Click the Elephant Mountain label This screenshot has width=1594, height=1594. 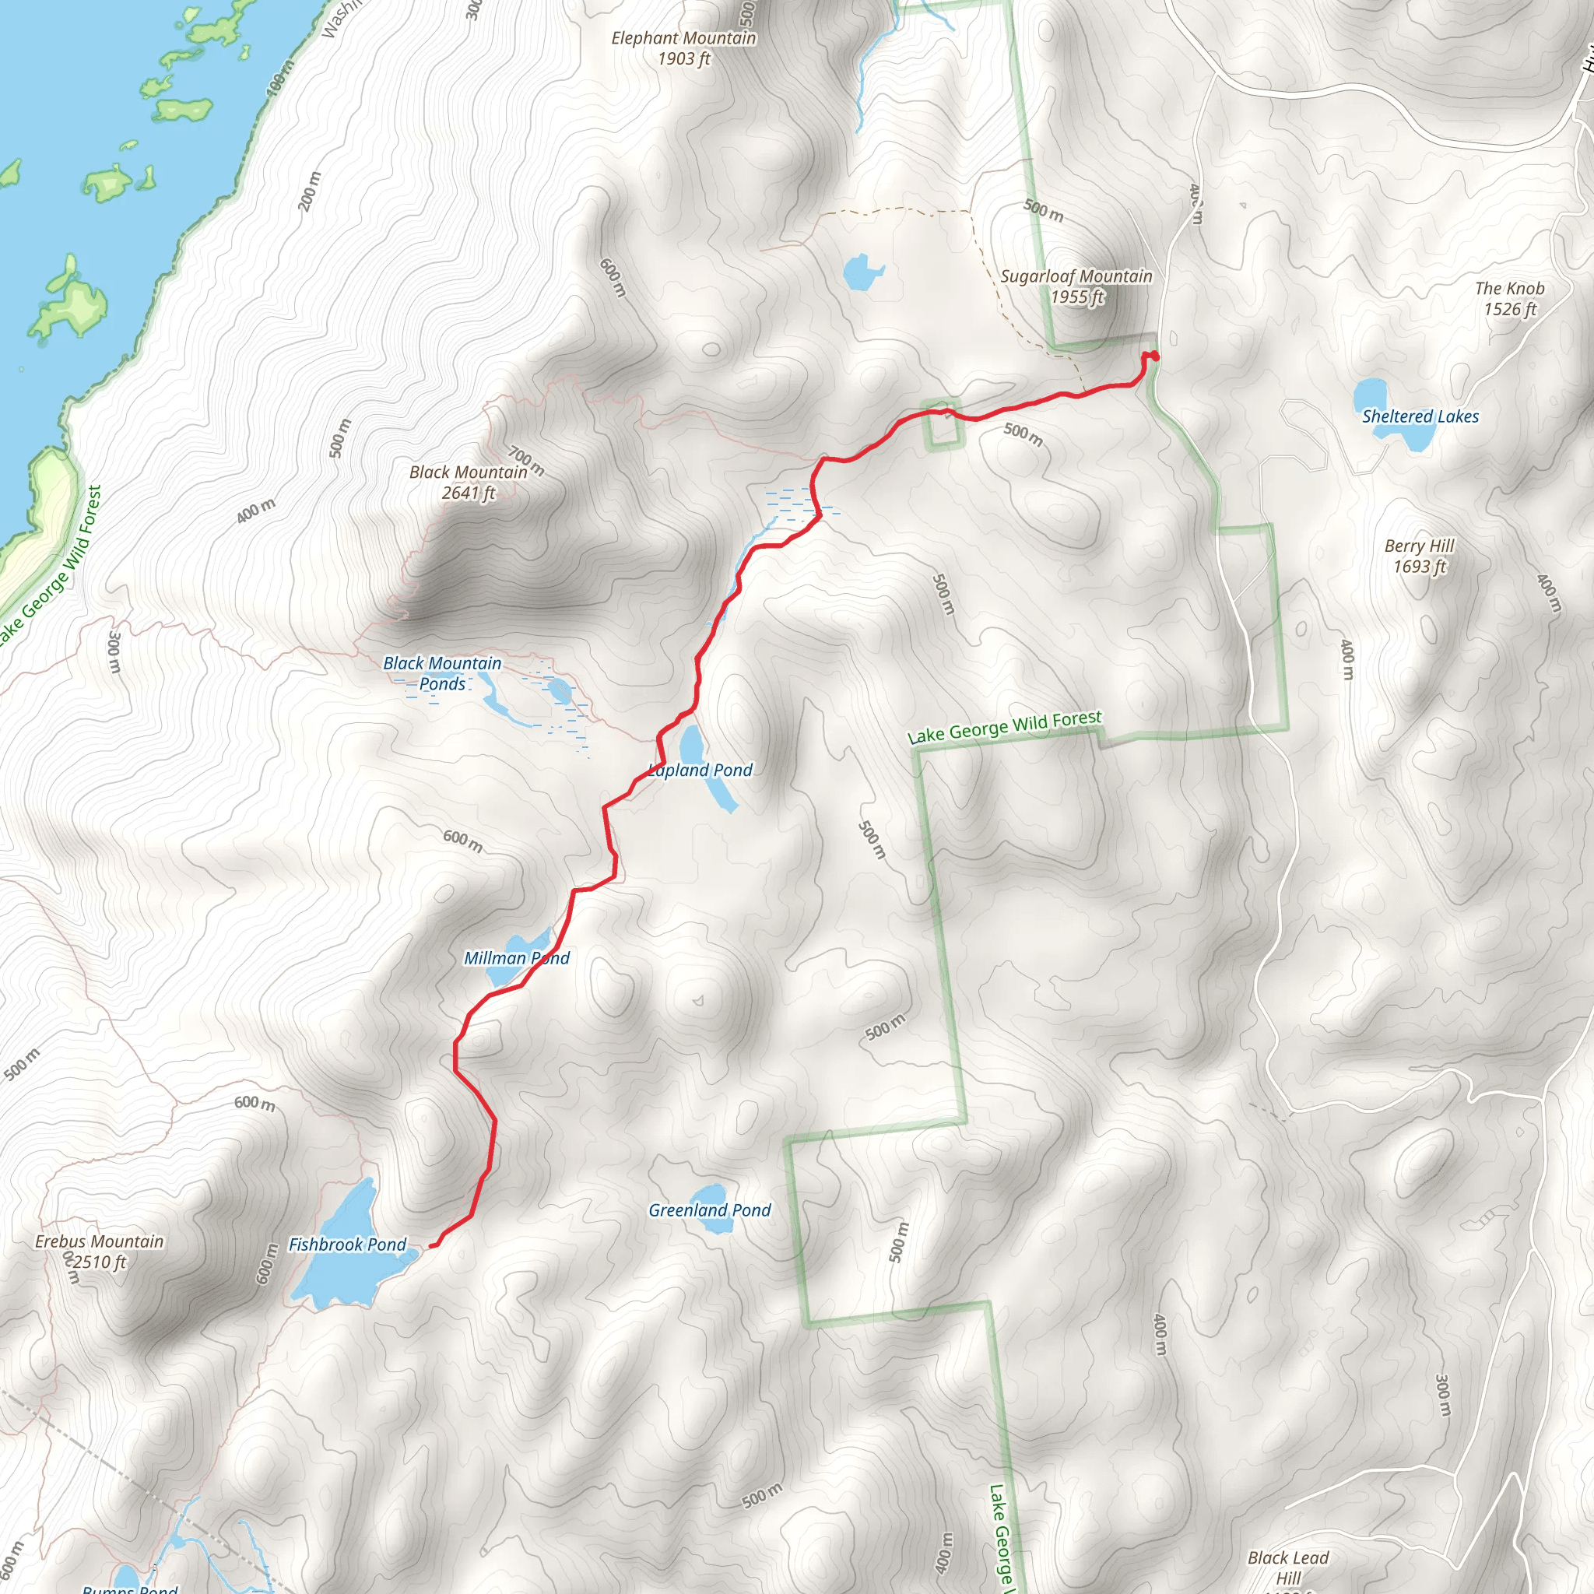tap(683, 47)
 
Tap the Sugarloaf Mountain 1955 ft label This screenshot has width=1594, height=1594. tap(1076, 286)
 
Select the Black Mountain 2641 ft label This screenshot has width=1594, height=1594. tap(468, 482)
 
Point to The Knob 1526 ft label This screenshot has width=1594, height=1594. tap(1509, 299)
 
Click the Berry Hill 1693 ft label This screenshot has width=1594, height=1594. tap(1419, 555)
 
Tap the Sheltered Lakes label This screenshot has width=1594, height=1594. tap(1420, 416)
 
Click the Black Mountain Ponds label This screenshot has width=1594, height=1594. tap(442, 673)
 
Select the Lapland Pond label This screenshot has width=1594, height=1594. tap(701, 770)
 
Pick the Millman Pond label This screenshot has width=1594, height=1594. tap(517, 958)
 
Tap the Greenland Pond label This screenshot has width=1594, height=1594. tap(710, 1210)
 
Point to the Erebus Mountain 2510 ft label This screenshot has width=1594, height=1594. tap(99, 1252)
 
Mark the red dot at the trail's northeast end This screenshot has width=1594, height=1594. tap(1154, 356)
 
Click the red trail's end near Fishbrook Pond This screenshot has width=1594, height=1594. tap(432, 1246)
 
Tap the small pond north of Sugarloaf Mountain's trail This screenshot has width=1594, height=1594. tap(863, 272)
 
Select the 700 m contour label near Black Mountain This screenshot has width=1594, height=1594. tap(526, 461)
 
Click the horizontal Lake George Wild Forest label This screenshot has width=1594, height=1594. tap(1004, 726)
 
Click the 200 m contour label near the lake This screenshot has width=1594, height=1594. tap(310, 191)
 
